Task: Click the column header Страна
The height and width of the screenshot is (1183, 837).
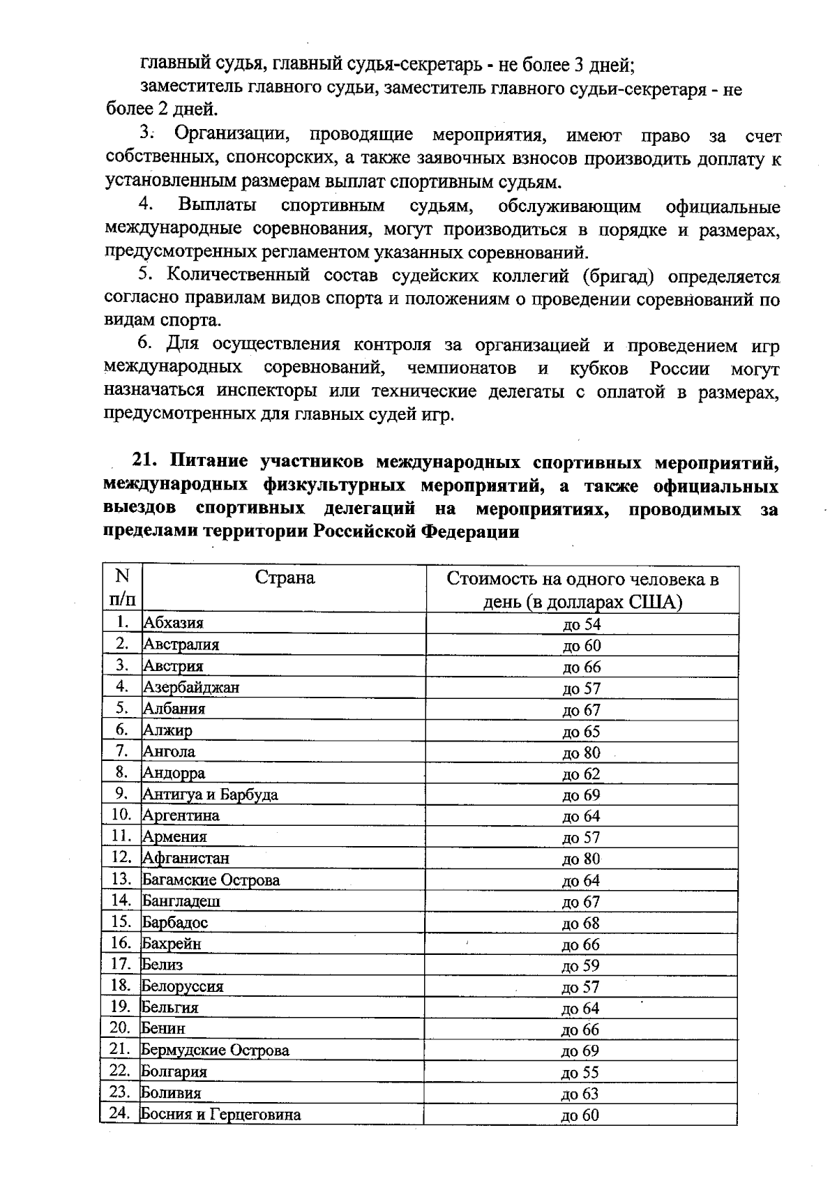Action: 285,578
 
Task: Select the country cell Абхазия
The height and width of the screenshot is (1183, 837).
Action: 173,623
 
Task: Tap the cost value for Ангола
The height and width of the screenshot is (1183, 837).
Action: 581,753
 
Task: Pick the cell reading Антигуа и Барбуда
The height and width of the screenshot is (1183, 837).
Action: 210,794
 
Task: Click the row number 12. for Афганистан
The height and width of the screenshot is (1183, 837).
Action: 121,857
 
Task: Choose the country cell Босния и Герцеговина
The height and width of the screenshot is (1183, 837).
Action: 220,1114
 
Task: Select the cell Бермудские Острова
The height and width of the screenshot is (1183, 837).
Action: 215,1050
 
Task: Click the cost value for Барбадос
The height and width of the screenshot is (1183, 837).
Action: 581,924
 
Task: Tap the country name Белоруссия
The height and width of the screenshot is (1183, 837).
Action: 182,986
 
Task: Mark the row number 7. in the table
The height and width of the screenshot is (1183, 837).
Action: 122,751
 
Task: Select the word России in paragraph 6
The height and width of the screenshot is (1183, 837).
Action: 680,368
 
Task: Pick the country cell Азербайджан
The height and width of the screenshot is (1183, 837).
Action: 191,687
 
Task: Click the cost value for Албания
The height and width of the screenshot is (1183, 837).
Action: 582,710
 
